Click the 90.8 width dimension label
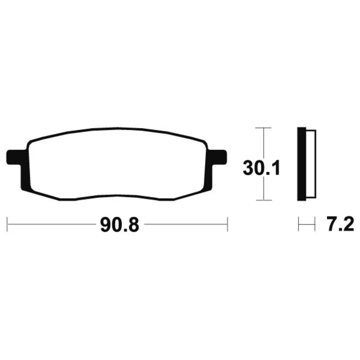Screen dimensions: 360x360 pyautogui.click(x=120, y=225)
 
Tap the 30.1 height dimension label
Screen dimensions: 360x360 pyautogui.click(x=261, y=168)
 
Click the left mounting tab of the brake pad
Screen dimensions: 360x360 pyautogui.click(x=14, y=157)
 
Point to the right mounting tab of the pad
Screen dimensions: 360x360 pyautogui.click(x=219, y=157)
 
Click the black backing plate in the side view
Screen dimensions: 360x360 pyautogui.click(x=301, y=164)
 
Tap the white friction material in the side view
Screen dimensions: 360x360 pyautogui.click(x=311, y=164)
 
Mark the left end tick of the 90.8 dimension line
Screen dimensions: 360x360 pyautogui.click(x=7, y=224)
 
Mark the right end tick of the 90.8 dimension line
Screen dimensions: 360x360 pyautogui.click(x=227, y=224)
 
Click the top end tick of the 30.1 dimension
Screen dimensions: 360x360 pyautogui.click(x=264, y=128)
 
